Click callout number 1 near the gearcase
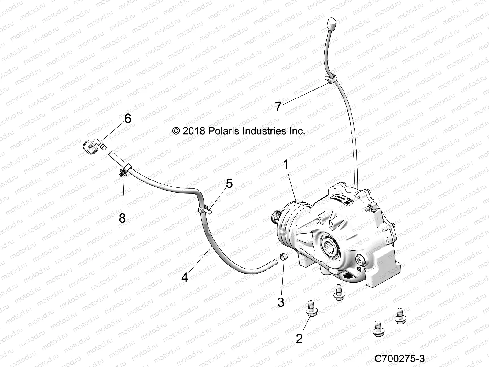[x=286, y=165]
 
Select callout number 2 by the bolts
[x=299, y=339]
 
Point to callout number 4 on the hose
[x=185, y=277]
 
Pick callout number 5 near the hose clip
[x=229, y=183]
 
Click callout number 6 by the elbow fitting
[x=127, y=118]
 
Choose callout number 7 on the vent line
[x=278, y=107]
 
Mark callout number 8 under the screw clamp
[x=122, y=218]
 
